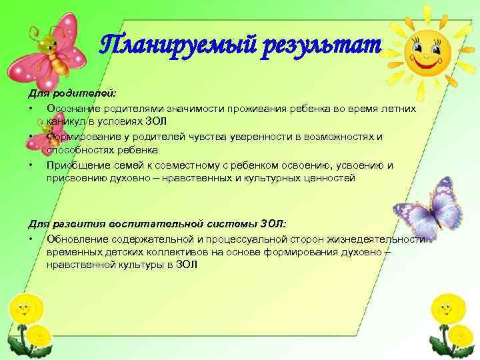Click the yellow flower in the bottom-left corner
[x=25, y=313]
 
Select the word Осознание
[x=72, y=108]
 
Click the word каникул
[x=65, y=120]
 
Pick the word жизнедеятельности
[x=380, y=239]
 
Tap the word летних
[x=397, y=108]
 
